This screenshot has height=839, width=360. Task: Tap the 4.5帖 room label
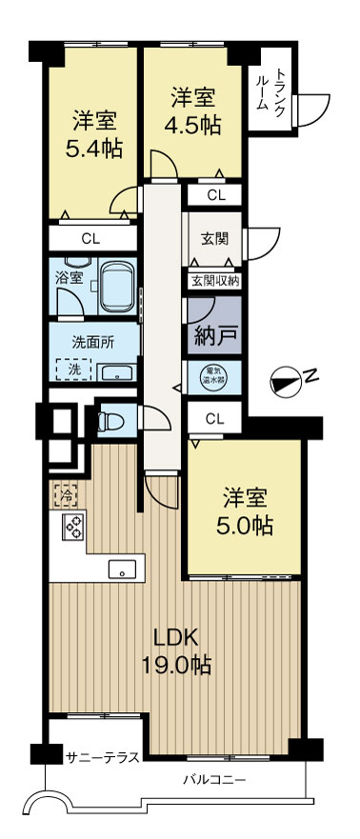click(x=192, y=111)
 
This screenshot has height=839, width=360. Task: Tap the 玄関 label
click(x=213, y=238)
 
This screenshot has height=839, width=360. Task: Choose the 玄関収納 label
click(x=214, y=280)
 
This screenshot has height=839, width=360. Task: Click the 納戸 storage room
click(x=214, y=333)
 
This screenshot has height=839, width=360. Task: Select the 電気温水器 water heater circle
click(x=213, y=374)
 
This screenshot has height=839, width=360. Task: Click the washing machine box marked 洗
click(x=70, y=368)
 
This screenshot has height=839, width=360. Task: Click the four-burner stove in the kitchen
click(x=74, y=526)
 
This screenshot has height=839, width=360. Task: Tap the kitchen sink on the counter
click(x=122, y=569)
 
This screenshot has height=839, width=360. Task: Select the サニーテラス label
click(x=103, y=757)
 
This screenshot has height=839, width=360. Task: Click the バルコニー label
click(x=215, y=779)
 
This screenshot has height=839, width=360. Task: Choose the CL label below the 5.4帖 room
click(x=91, y=238)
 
